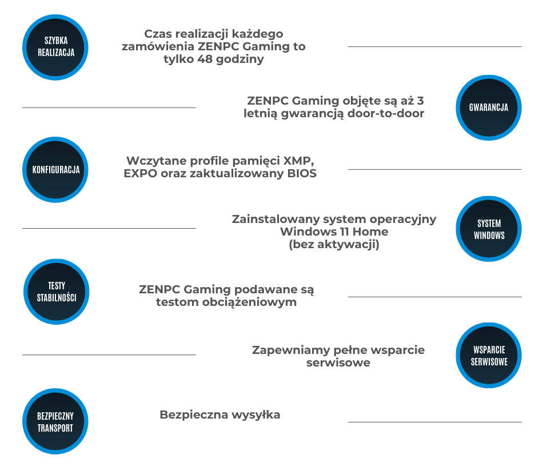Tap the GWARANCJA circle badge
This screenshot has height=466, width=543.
pos(488,107)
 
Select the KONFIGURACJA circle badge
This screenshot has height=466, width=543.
pos(55,169)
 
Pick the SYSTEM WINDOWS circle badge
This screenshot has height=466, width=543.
pos(489,229)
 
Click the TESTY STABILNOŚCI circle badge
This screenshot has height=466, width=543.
pos(56,291)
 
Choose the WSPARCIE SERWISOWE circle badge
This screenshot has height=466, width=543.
pos(489,355)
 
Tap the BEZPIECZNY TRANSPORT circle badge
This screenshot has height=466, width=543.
pos(55,421)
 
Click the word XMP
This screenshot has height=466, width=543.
pos(301,161)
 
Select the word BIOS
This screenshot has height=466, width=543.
pos(302,174)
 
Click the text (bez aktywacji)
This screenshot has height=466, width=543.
pos(334,245)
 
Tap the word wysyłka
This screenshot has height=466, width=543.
pos(255,415)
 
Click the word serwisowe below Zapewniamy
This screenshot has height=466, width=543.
pos(338,363)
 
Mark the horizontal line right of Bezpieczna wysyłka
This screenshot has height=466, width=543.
pos(434,422)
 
